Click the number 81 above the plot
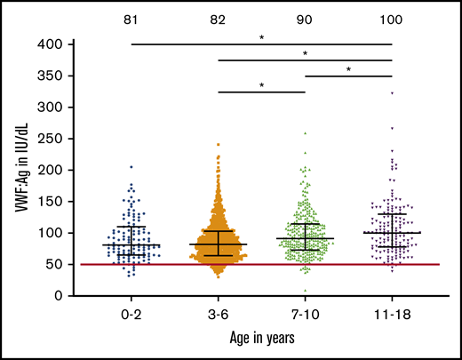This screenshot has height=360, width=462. click(131, 12)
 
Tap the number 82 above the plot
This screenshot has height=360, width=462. click(219, 12)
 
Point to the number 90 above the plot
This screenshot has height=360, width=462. click(305, 12)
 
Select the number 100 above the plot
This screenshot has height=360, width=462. click(392, 12)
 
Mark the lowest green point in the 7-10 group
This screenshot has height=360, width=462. click(305, 291)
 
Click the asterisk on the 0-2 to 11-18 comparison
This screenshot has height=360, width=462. click(261, 38)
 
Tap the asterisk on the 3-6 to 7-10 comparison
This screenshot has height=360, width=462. click(261, 86)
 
